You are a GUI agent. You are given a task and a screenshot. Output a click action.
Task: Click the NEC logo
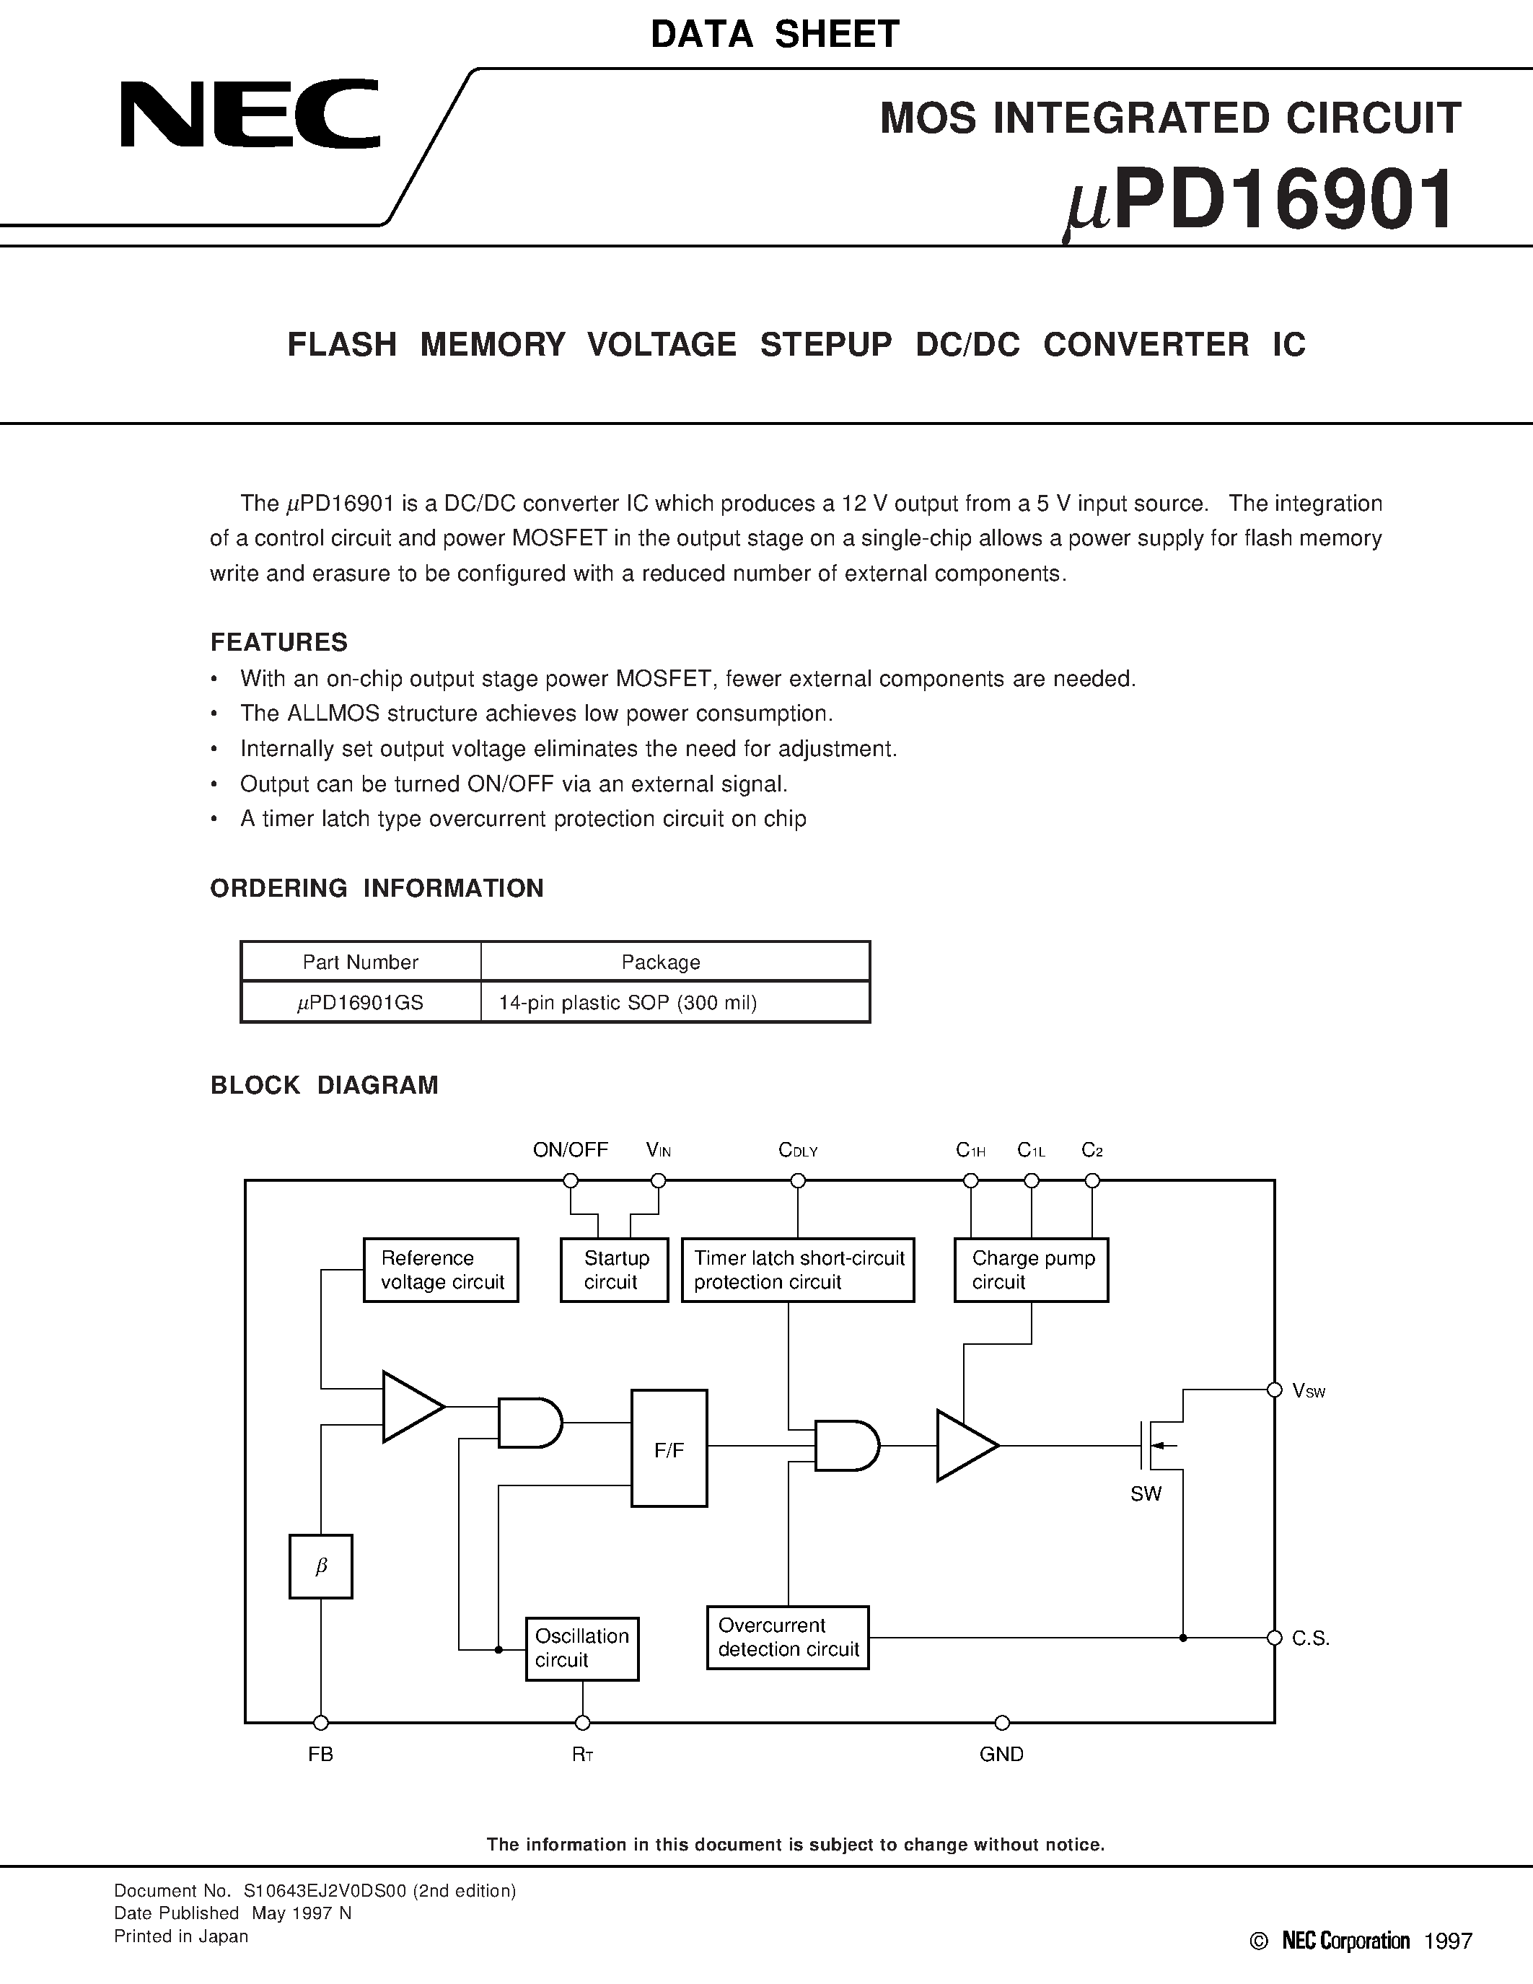250,115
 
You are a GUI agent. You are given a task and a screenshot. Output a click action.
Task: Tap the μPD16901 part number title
1258,202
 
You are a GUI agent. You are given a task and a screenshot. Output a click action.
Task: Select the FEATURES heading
278,642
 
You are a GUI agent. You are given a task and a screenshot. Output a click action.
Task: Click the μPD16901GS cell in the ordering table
361,1002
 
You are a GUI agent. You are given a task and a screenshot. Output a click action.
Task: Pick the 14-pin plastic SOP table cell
628,1002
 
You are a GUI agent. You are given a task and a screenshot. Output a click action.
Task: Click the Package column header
660,962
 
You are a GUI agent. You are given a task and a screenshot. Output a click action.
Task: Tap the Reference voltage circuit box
442,1270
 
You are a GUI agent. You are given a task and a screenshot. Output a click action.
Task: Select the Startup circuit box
614,1270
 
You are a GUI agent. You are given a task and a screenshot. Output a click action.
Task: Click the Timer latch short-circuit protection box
797,1270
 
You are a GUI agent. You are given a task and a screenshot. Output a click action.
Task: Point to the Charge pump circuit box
1031,1270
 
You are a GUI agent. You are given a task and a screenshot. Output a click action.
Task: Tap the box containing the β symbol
320,1566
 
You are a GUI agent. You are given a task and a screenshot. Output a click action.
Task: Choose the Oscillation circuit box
582,1648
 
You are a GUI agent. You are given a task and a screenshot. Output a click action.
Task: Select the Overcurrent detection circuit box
787,1637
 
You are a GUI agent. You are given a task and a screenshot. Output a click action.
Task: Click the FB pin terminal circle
320,1722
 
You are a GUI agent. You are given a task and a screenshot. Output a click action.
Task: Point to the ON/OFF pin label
571,1150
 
